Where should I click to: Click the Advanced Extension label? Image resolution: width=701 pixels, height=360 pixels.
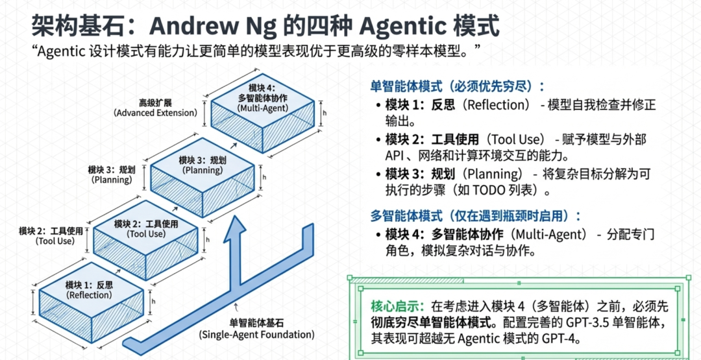click(x=155, y=108)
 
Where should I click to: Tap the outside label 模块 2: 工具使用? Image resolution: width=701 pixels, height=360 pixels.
click(x=51, y=235)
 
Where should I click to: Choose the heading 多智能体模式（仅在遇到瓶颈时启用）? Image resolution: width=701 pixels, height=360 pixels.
click(x=476, y=215)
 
